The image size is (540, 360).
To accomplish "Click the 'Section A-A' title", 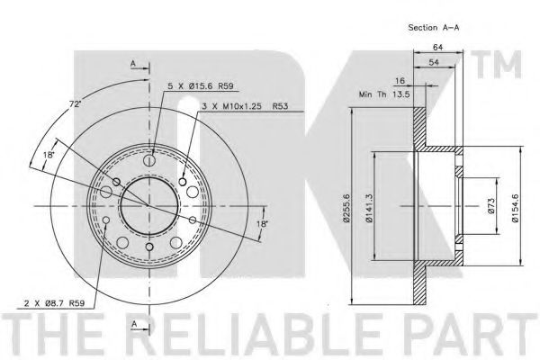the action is pyautogui.click(x=433, y=28).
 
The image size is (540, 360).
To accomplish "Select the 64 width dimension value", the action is pyautogui.click(x=437, y=47).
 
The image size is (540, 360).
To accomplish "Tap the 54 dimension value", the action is pyautogui.click(x=434, y=62).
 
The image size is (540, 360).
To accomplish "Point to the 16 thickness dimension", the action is pyautogui.click(x=400, y=81).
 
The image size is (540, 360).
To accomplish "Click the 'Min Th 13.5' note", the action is pyautogui.click(x=384, y=94).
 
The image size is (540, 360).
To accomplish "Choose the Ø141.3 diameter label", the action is pyautogui.click(x=369, y=208).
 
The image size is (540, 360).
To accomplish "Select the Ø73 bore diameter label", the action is pyautogui.click(x=491, y=206).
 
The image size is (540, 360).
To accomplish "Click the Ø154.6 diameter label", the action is pyautogui.click(x=515, y=208).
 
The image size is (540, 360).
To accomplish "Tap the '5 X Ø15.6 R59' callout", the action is pyautogui.click(x=201, y=86).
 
